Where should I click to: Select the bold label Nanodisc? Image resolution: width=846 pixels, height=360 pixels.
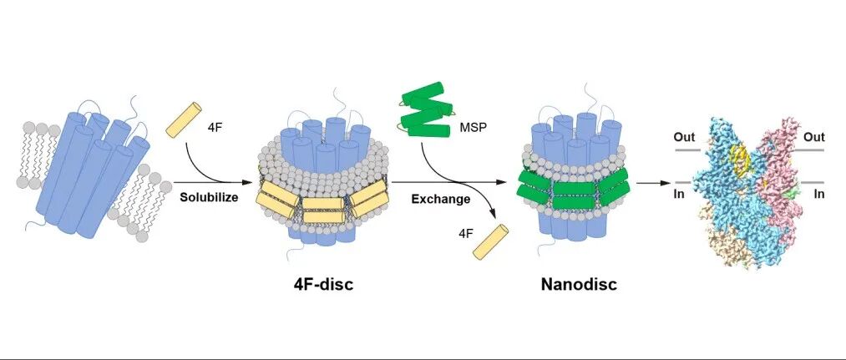pyautogui.click(x=579, y=284)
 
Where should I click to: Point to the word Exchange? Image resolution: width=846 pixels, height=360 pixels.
pyautogui.click(x=441, y=199)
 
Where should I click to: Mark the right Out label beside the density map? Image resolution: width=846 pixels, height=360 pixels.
pyautogui.click(x=813, y=137)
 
